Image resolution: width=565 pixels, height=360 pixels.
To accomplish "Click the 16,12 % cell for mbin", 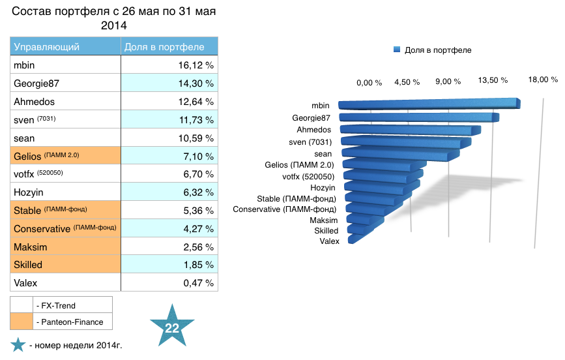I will pyautogui.click(x=169, y=65).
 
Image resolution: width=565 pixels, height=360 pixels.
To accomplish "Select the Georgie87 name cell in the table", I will pyautogui.click(x=65, y=83).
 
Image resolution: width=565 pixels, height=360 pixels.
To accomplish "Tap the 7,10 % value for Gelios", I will pyautogui.click(x=169, y=157).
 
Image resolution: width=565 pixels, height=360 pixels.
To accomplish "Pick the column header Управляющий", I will pyautogui.click(x=65, y=47).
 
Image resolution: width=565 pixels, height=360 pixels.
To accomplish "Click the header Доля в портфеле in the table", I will pyautogui.click(x=169, y=47).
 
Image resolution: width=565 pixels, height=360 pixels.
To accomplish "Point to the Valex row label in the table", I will pyautogui.click(x=65, y=282).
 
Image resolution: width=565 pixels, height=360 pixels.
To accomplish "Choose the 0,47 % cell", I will pyautogui.click(x=169, y=282).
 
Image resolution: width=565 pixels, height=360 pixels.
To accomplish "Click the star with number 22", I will pyautogui.click(x=172, y=327).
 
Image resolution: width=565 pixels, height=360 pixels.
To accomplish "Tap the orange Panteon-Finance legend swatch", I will pyautogui.click(x=22, y=322).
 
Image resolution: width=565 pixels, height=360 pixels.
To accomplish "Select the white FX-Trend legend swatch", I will pyautogui.click(x=22, y=305).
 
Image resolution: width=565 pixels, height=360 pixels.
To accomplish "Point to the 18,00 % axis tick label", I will pyautogui.click(x=543, y=80).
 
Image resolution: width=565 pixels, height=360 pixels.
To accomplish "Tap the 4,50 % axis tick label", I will pyautogui.click(x=407, y=82).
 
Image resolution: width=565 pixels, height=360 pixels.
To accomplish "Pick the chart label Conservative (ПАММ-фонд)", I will pyautogui.click(x=285, y=209).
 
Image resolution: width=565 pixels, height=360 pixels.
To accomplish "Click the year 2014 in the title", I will pyautogui.click(x=114, y=26).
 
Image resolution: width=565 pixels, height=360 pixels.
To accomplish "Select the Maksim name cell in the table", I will pyautogui.click(x=65, y=247).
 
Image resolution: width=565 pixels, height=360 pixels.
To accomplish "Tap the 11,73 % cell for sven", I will pyautogui.click(x=169, y=120).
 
